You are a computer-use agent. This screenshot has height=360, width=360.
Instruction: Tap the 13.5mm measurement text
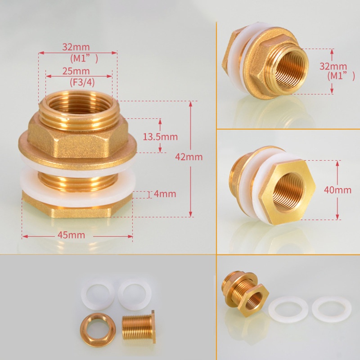pyautogui.click(x=160, y=137)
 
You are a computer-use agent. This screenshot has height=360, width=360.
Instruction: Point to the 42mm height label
pyautogui.click(x=189, y=157)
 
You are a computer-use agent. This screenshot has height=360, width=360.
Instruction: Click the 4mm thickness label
pyautogui.click(x=164, y=194)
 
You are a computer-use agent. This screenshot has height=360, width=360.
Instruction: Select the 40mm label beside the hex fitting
pyautogui.click(x=337, y=190)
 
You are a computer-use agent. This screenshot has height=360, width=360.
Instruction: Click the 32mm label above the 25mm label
pyautogui.click(x=76, y=47)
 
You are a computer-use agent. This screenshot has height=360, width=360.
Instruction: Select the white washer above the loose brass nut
pyautogui.click(x=98, y=293)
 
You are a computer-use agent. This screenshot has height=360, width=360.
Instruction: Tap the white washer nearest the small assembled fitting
pyautogui.click(x=288, y=310)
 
